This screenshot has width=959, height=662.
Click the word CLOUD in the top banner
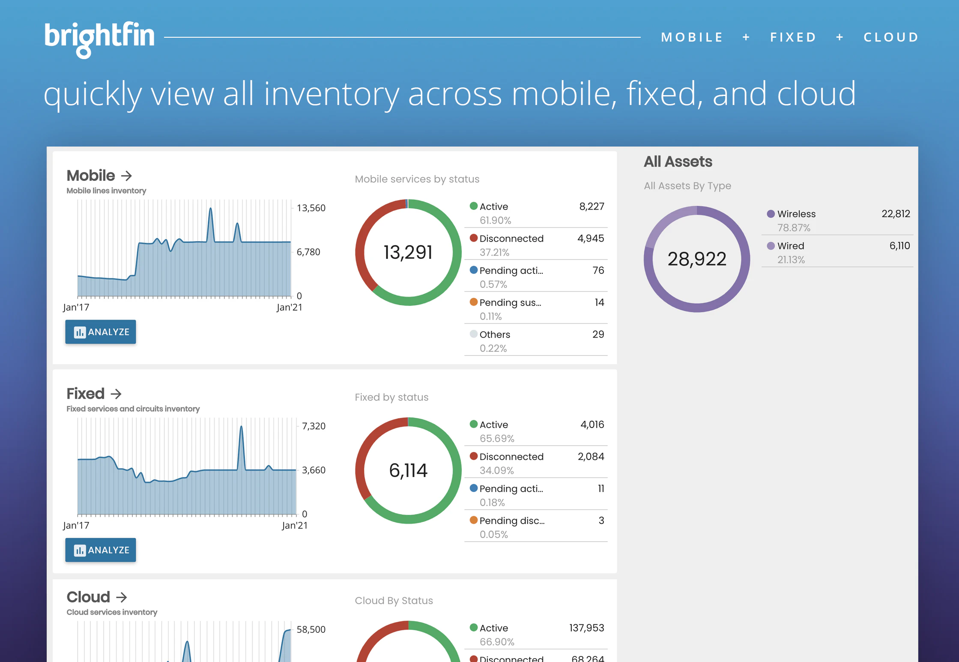[x=891, y=37]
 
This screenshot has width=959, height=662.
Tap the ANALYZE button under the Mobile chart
[x=101, y=332]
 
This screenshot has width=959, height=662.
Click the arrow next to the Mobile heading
[x=126, y=176]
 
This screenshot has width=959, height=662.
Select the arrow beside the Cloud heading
[x=122, y=597]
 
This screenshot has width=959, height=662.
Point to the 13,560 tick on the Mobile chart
[x=311, y=208]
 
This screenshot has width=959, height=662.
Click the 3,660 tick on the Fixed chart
[x=314, y=470]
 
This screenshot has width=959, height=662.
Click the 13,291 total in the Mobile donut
[x=408, y=252]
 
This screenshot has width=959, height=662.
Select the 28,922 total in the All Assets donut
[x=696, y=259]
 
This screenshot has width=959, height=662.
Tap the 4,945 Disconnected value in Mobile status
[x=590, y=239]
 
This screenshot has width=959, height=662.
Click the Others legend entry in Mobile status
[x=494, y=335]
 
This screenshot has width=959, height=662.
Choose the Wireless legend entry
[x=796, y=214]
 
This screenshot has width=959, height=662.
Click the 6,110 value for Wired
[x=899, y=246]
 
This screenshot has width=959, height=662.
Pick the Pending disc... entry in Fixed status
[x=511, y=521]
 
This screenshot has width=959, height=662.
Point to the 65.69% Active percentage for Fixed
[x=496, y=438]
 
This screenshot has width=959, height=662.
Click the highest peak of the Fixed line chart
[x=242, y=427]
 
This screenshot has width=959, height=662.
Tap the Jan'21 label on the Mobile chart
[x=289, y=307]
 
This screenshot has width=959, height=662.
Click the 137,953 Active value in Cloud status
[x=586, y=628]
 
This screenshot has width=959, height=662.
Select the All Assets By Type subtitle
[x=687, y=186]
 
